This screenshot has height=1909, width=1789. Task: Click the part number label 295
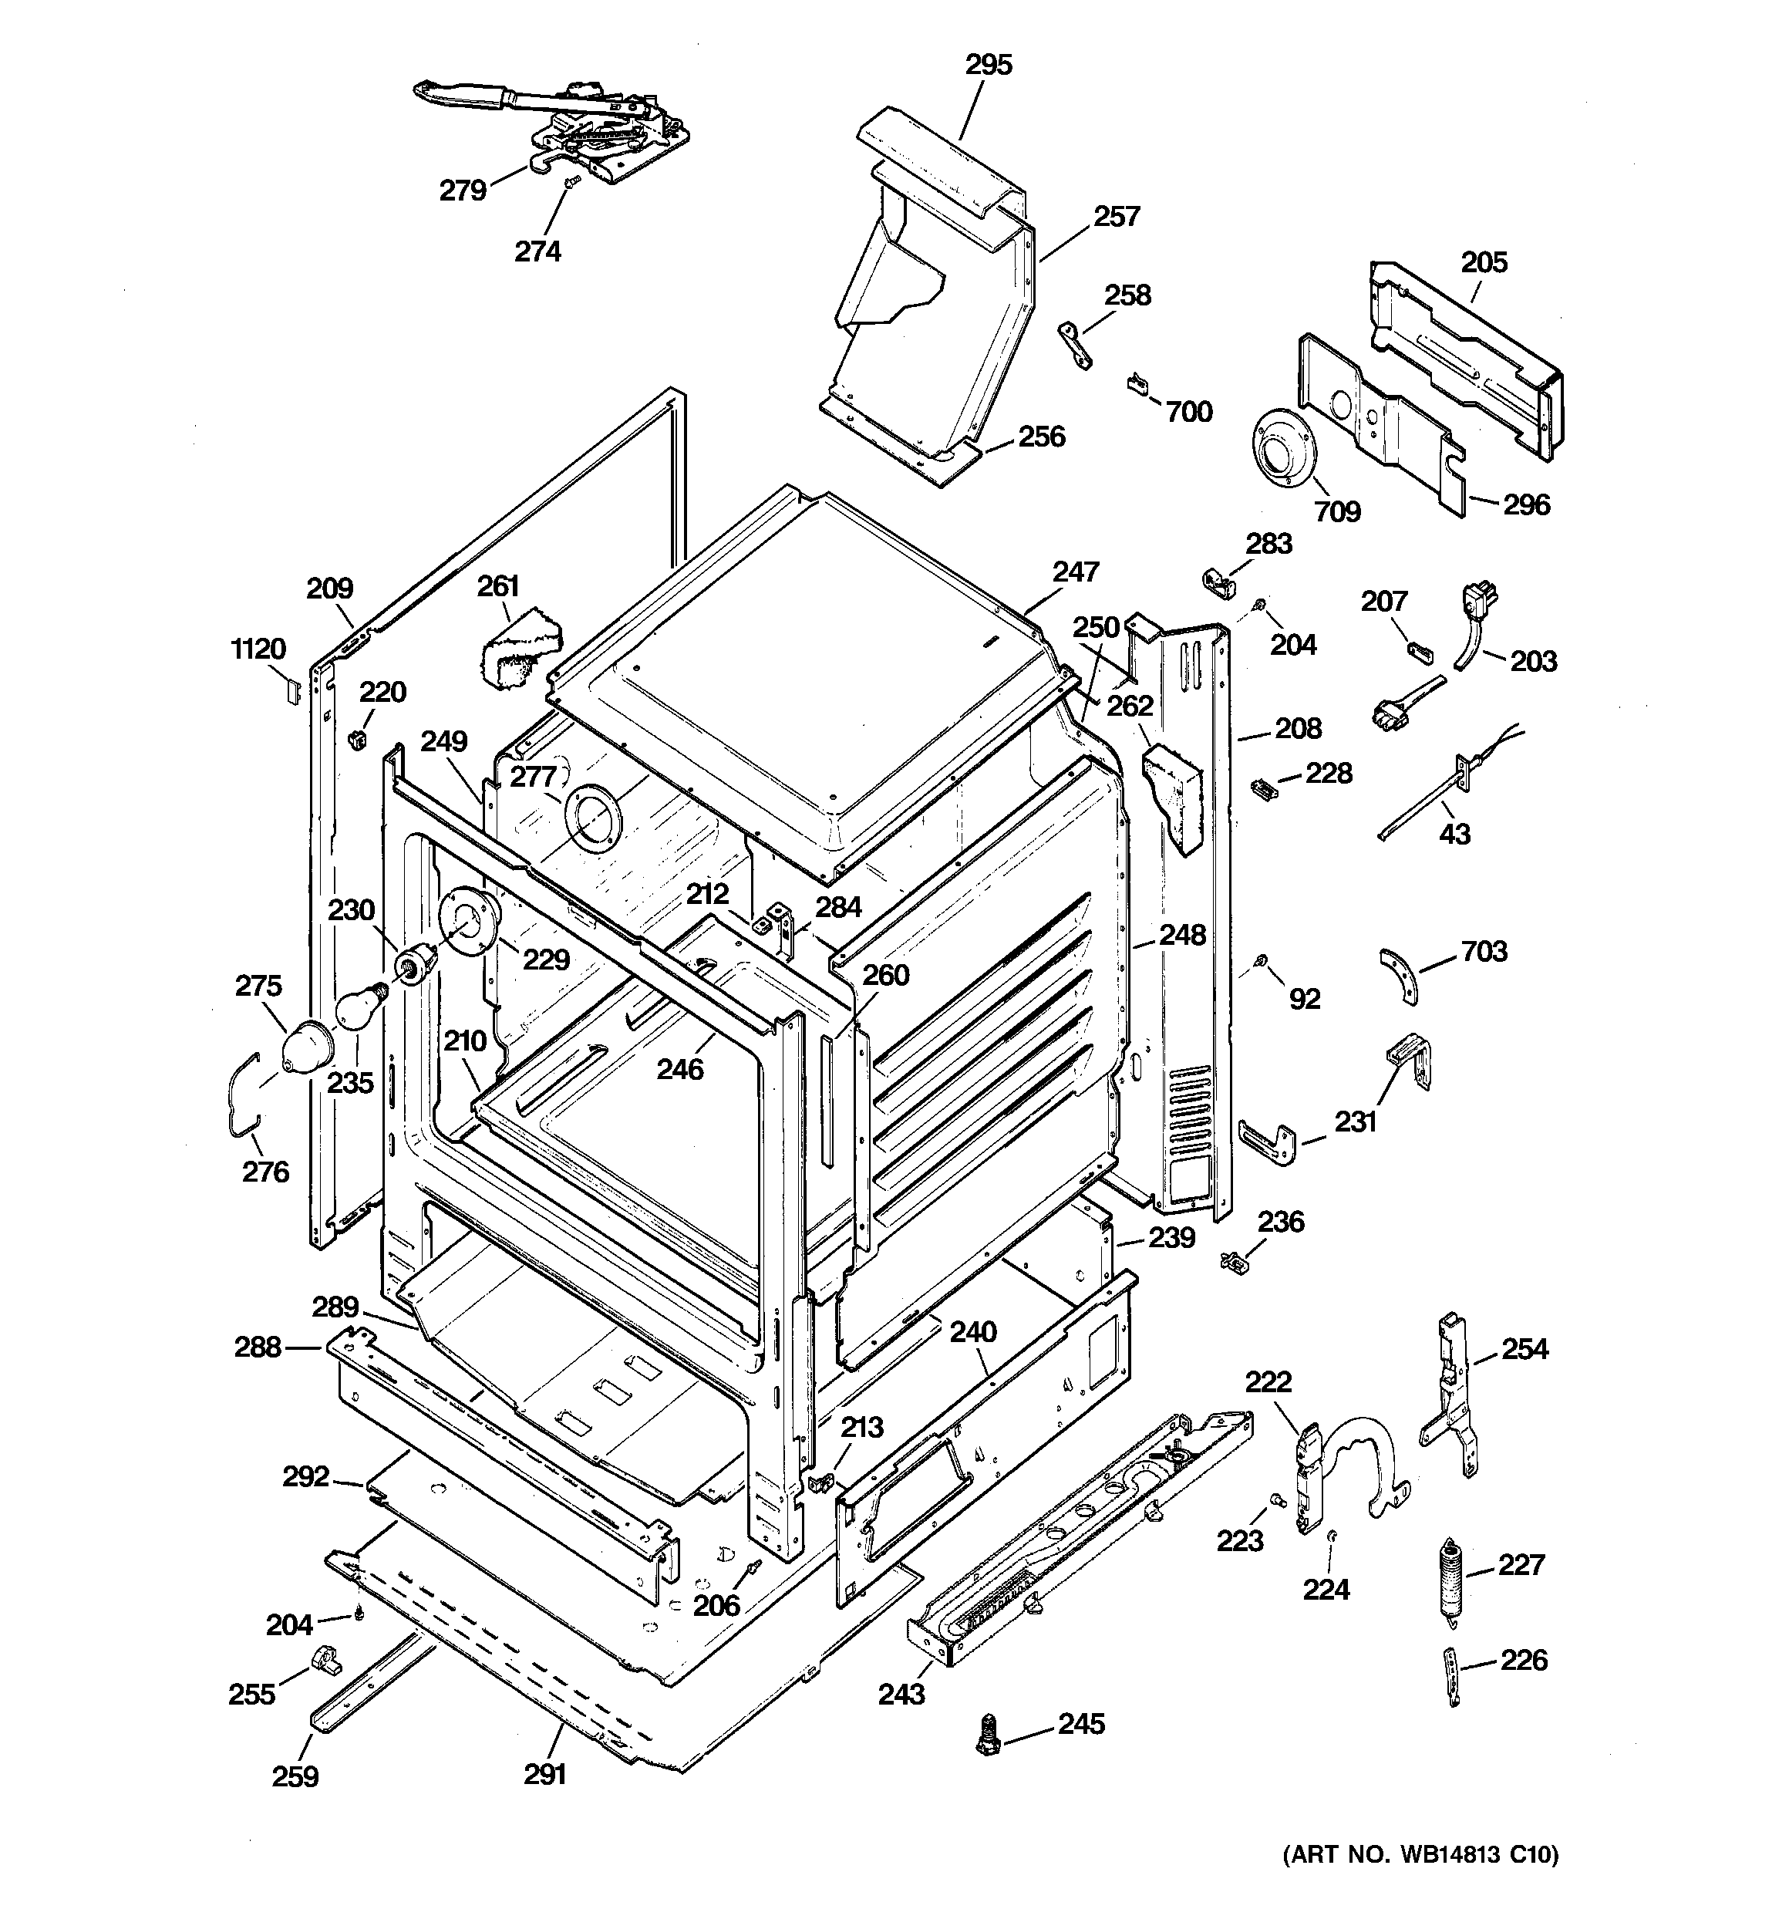[988, 66]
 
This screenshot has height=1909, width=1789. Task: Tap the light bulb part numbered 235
[357, 1007]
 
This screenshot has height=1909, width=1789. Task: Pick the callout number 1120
[258, 649]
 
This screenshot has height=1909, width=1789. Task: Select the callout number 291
[545, 1775]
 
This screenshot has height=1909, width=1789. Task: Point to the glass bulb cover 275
[305, 1043]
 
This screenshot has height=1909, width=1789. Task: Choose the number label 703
[1484, 952]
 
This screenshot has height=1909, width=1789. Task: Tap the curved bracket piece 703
[1400, 975]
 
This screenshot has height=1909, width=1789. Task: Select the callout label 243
[901, 1694]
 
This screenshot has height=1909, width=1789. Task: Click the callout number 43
[1454, 834]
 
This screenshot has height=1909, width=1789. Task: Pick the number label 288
[258, 1347]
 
